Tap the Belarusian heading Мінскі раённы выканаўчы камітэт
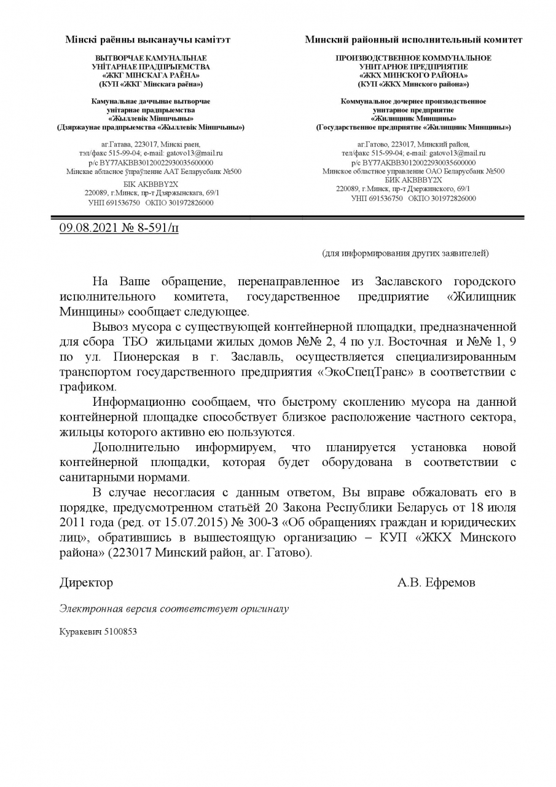point(148,40)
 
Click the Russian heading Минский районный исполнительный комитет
point(413,40)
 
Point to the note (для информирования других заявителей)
point(405,253)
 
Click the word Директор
point(86,582)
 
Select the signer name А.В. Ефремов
point(436,582)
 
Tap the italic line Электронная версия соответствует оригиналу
point(174,609)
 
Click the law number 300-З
point(261,523)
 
